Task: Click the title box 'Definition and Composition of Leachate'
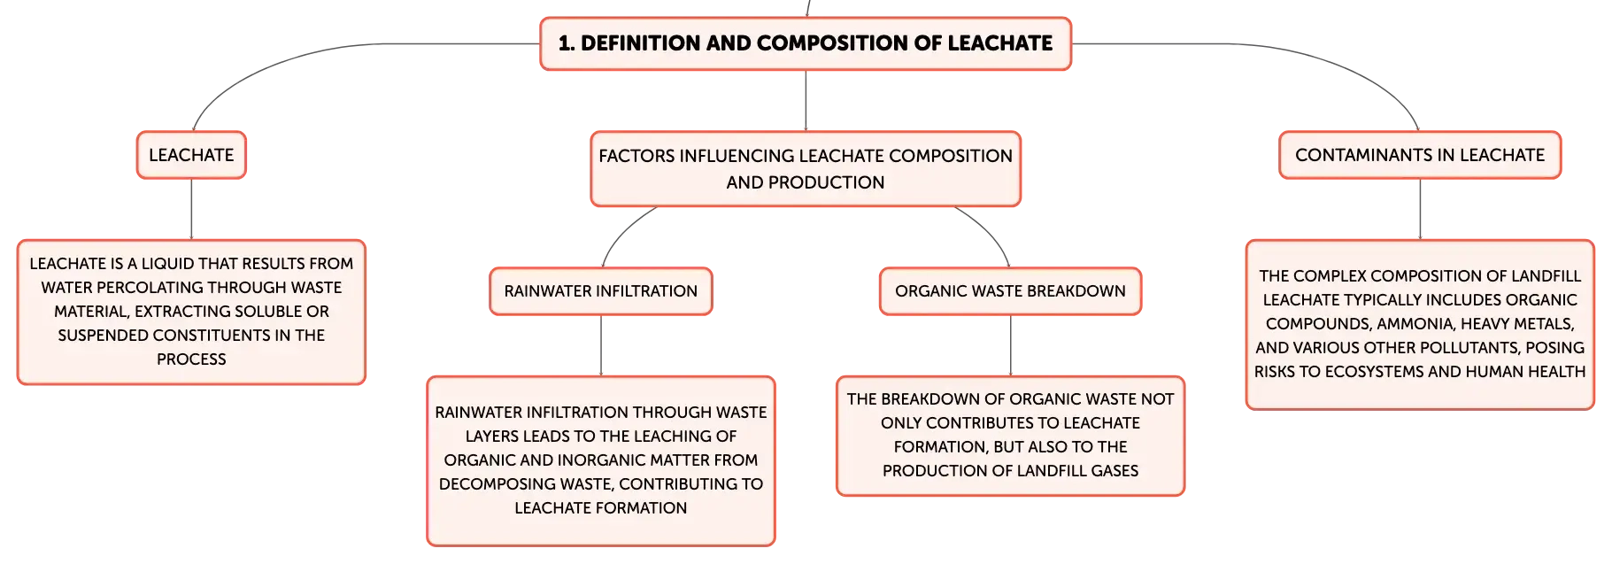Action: (806, 43)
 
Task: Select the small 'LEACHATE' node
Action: (191, 155)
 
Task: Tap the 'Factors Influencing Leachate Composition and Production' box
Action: (806, 169)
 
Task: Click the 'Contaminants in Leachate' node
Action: (1420, 155)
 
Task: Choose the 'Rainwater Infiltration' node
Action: (601, 291)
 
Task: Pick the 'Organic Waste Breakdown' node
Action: (1010, 291)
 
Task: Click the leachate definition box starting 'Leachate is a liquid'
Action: (191, 312)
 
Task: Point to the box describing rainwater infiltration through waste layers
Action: (601, 460)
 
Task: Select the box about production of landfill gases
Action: (1010, 436)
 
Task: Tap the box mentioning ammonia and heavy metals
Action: (1420, 324)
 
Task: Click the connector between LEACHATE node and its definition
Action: (191, 209)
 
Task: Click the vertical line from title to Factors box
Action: (806, 101)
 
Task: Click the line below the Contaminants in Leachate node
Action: (1420, 209)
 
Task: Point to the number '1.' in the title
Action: (567, 43)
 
